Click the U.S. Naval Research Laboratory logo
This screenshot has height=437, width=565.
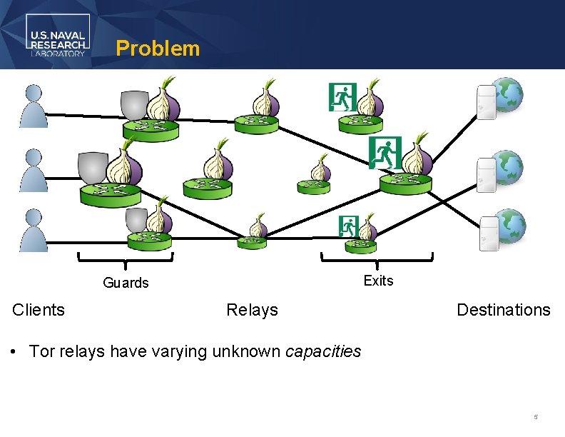[x=58, y=35]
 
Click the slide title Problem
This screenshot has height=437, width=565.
[x=158, y=49]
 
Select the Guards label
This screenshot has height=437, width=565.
[x=126, y=283]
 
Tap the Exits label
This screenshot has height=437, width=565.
[x=378, y=281]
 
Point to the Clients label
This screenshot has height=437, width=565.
[x=39, y=310]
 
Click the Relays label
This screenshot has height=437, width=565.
[x=252, y=310]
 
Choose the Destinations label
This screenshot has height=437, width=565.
[x=503, y=310]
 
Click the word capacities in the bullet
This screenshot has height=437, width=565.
[x=323, y=351]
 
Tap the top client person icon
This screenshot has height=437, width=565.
[x=34, y=106]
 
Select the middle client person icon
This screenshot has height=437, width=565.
[x=34, y=170]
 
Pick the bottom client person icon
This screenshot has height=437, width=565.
[x=34, y=229]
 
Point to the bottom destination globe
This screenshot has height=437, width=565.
[x=509, y=226]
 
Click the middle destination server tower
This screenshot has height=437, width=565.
[x=487, y=175]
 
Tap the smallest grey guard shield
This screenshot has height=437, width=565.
[x=136, y=221]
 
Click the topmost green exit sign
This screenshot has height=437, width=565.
[x=342, y=97]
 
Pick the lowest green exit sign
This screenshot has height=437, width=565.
[x=348, y=226]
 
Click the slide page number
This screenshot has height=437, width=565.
[x=535, y=416]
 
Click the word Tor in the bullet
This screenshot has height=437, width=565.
[x=42, y=351]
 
